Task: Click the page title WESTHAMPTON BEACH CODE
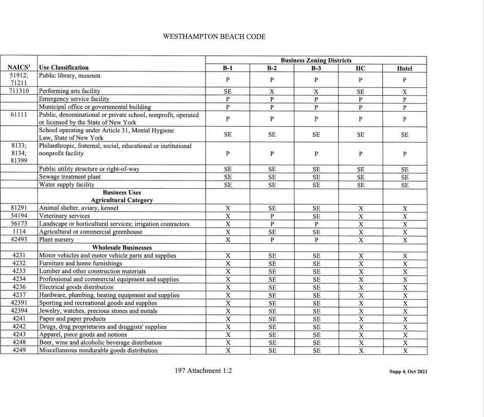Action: (x=214, y=37)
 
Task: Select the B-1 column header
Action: (x=228, y=68)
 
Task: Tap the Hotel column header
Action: (x=404, y=68)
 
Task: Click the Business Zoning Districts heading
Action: (x=316, y=60)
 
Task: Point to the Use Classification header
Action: (x=64, y=67)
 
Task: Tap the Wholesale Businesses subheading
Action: (x=122, y=247)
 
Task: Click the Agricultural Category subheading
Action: (x=122, y=200)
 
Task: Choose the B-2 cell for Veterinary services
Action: (x=272, y=216)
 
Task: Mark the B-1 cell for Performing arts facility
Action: (x=228, y=91)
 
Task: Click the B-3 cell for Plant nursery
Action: (x=316, y=240)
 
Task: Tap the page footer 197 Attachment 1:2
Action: (x=203, y=370)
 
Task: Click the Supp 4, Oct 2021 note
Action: (x=408, y=371)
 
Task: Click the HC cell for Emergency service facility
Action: (x=361, y=99)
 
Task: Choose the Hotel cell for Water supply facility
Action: (x=404, y=185)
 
